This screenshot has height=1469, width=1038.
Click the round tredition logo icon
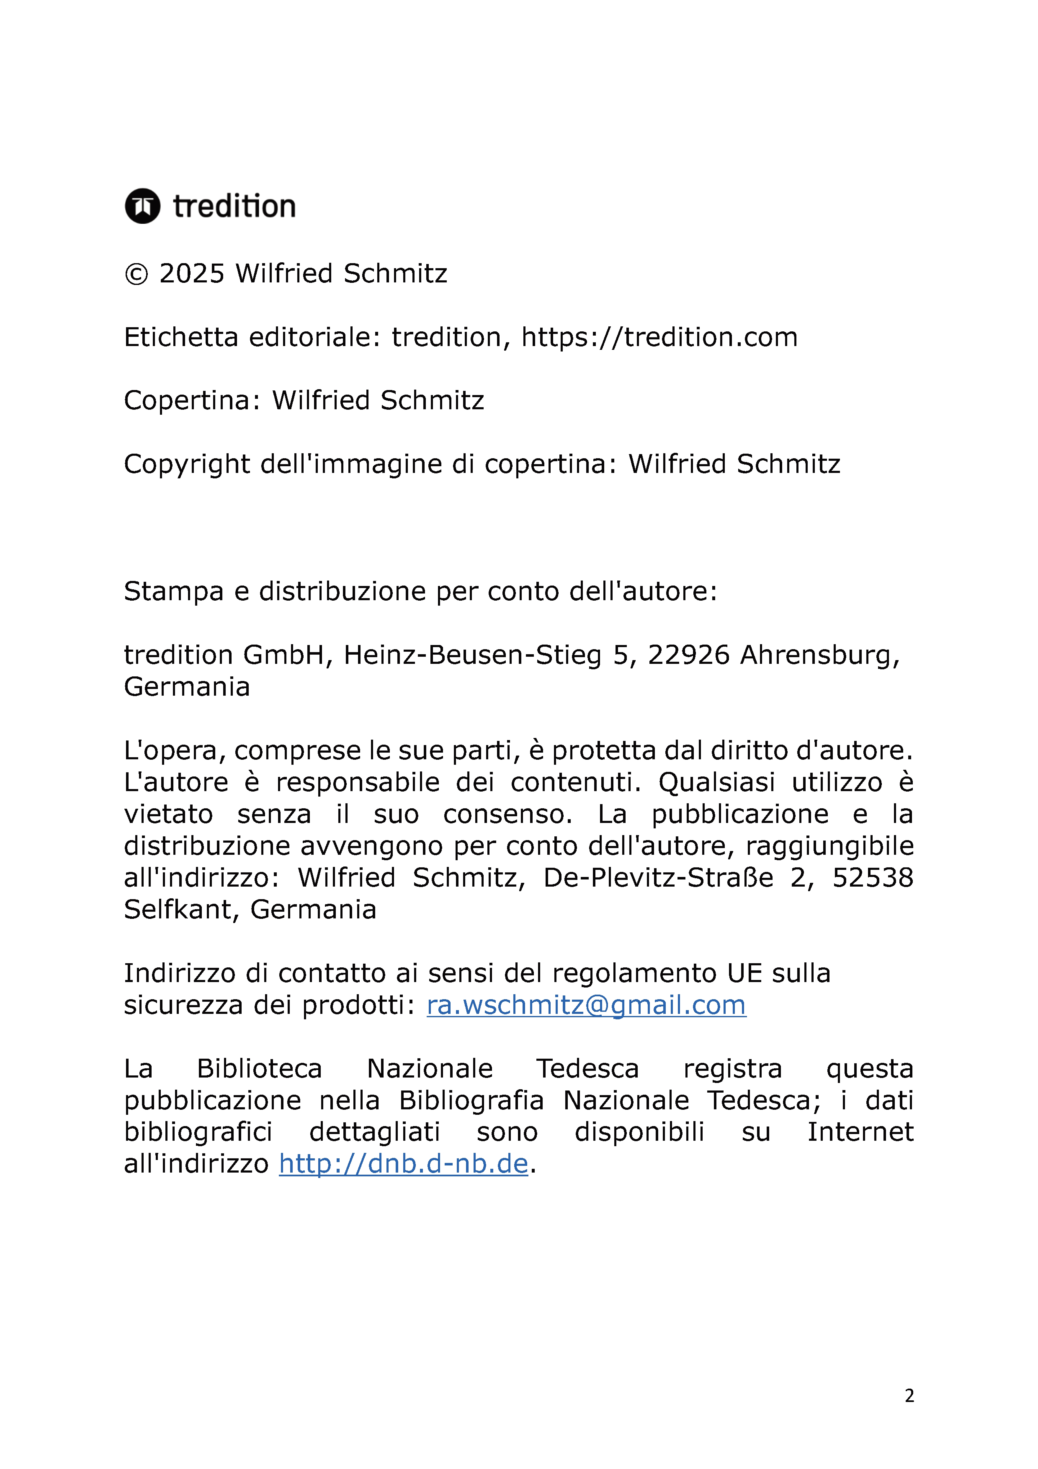click(142, 206)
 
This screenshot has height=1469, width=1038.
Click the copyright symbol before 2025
click(136, 274)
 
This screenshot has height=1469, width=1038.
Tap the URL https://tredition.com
click(659, 337)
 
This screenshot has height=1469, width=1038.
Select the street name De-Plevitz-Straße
click(658, 878)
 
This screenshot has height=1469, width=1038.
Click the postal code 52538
click(872, 878)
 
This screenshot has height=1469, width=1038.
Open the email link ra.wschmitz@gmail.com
click(586, 1005)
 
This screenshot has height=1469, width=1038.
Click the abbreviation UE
click(744, 973)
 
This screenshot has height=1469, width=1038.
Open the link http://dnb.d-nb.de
click(403, 1164)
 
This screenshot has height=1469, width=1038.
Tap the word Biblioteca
click(259, 1069)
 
